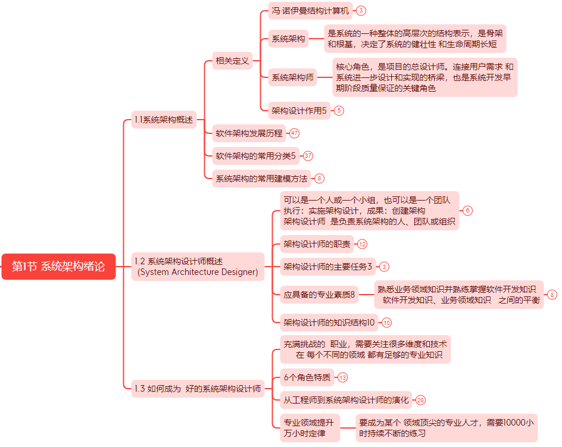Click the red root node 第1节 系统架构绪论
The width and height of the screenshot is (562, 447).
(58, 267)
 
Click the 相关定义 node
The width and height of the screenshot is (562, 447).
(232, 60)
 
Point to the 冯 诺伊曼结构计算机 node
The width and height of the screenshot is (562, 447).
(310, 10)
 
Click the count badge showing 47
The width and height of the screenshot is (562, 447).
(294, 133)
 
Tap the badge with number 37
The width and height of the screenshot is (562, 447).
(308, 156)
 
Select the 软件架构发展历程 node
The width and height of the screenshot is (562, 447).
(249, 133)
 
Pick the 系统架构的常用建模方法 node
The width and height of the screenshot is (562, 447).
(261, 178)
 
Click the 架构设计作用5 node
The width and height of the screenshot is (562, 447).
(299, 110)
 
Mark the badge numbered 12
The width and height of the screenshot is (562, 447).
(362, 243)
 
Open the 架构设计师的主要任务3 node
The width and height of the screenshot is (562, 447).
(327, 266)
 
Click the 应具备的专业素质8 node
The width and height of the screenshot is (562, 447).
(319, 294)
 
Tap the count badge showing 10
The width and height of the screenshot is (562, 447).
(386, 323)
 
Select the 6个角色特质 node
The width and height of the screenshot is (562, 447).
(307, 377)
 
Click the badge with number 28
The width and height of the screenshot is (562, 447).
(420, 400)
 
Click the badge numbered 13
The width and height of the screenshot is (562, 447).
(342, 377)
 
